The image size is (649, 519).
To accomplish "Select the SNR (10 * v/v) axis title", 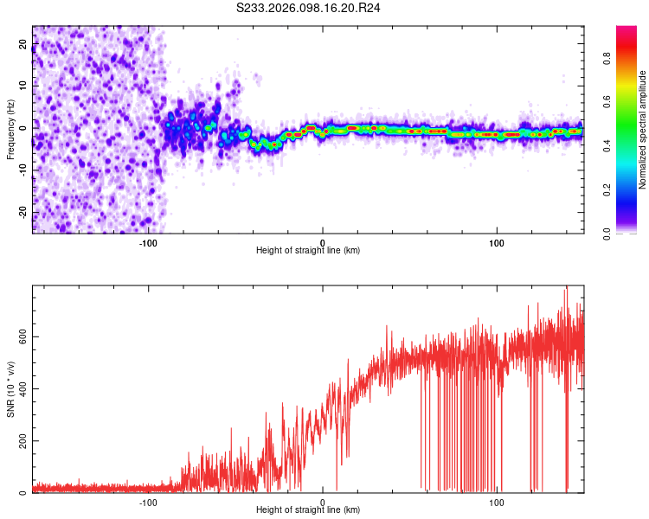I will tap(10, 389).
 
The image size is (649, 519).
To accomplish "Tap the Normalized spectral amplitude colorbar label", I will tap(643, 130).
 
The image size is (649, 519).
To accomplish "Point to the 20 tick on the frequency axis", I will tap(23, 42).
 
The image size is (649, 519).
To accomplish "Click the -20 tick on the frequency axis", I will tap(23, 212).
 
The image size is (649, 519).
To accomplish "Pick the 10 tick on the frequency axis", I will tap(23, 85).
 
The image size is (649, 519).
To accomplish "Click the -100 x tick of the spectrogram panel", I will tap(148, 242).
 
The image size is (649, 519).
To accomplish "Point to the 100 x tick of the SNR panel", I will tap(497, 502).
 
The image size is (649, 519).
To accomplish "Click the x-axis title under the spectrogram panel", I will tap(308, 251).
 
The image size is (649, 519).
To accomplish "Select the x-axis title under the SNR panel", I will tap(308, 510).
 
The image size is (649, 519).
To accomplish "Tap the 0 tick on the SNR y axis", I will tap(23, 493).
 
